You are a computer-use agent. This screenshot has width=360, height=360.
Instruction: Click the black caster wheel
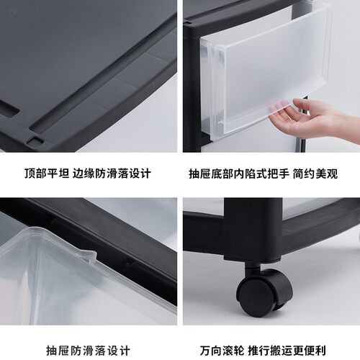(x=257, y=294)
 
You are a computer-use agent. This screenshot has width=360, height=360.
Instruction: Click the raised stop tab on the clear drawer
(x=86, y=253)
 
